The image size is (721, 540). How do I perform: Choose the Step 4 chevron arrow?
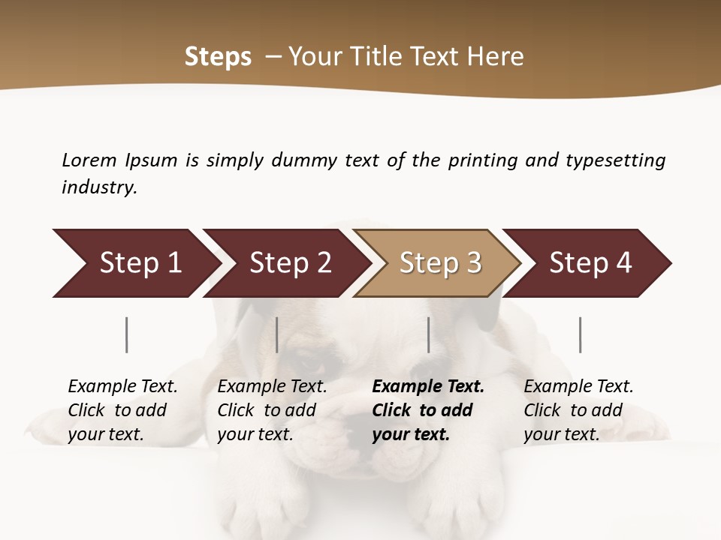[589, 263]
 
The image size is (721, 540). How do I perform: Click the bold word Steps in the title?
[218, 56]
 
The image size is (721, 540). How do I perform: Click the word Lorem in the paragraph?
[89, 160]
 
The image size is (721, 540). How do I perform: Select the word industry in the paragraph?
[99, 187]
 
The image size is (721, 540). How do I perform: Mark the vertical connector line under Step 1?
[127, 334]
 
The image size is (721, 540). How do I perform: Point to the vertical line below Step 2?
[277, 334]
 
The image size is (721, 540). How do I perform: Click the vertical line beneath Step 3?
[429, 334]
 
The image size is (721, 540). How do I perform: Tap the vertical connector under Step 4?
[581, 334]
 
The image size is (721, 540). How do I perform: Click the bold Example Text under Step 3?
[428, 386]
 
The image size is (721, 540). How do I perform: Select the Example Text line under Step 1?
[122, 386]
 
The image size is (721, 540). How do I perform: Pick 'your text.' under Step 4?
[561, 434]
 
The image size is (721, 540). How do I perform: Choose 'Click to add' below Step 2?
[267, 410]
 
